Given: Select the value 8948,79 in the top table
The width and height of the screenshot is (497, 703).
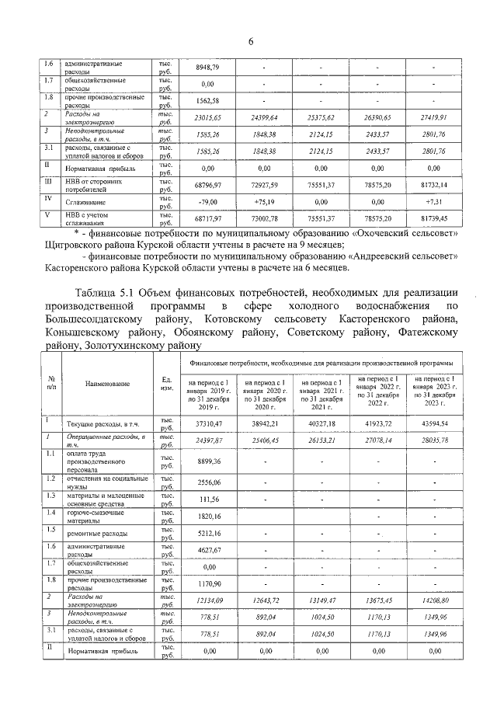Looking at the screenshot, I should [x=207, y=68].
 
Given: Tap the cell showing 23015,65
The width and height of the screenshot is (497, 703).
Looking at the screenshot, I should [x=207, y=117].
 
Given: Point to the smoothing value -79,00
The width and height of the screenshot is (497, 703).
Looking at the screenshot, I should [x=207, y=200].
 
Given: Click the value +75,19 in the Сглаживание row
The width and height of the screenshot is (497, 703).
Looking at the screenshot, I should [x=265, y=200].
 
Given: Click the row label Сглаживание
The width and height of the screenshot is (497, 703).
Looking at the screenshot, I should [x=86, y=200].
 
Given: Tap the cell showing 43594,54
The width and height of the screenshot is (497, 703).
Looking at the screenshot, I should [x=434, y=423].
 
